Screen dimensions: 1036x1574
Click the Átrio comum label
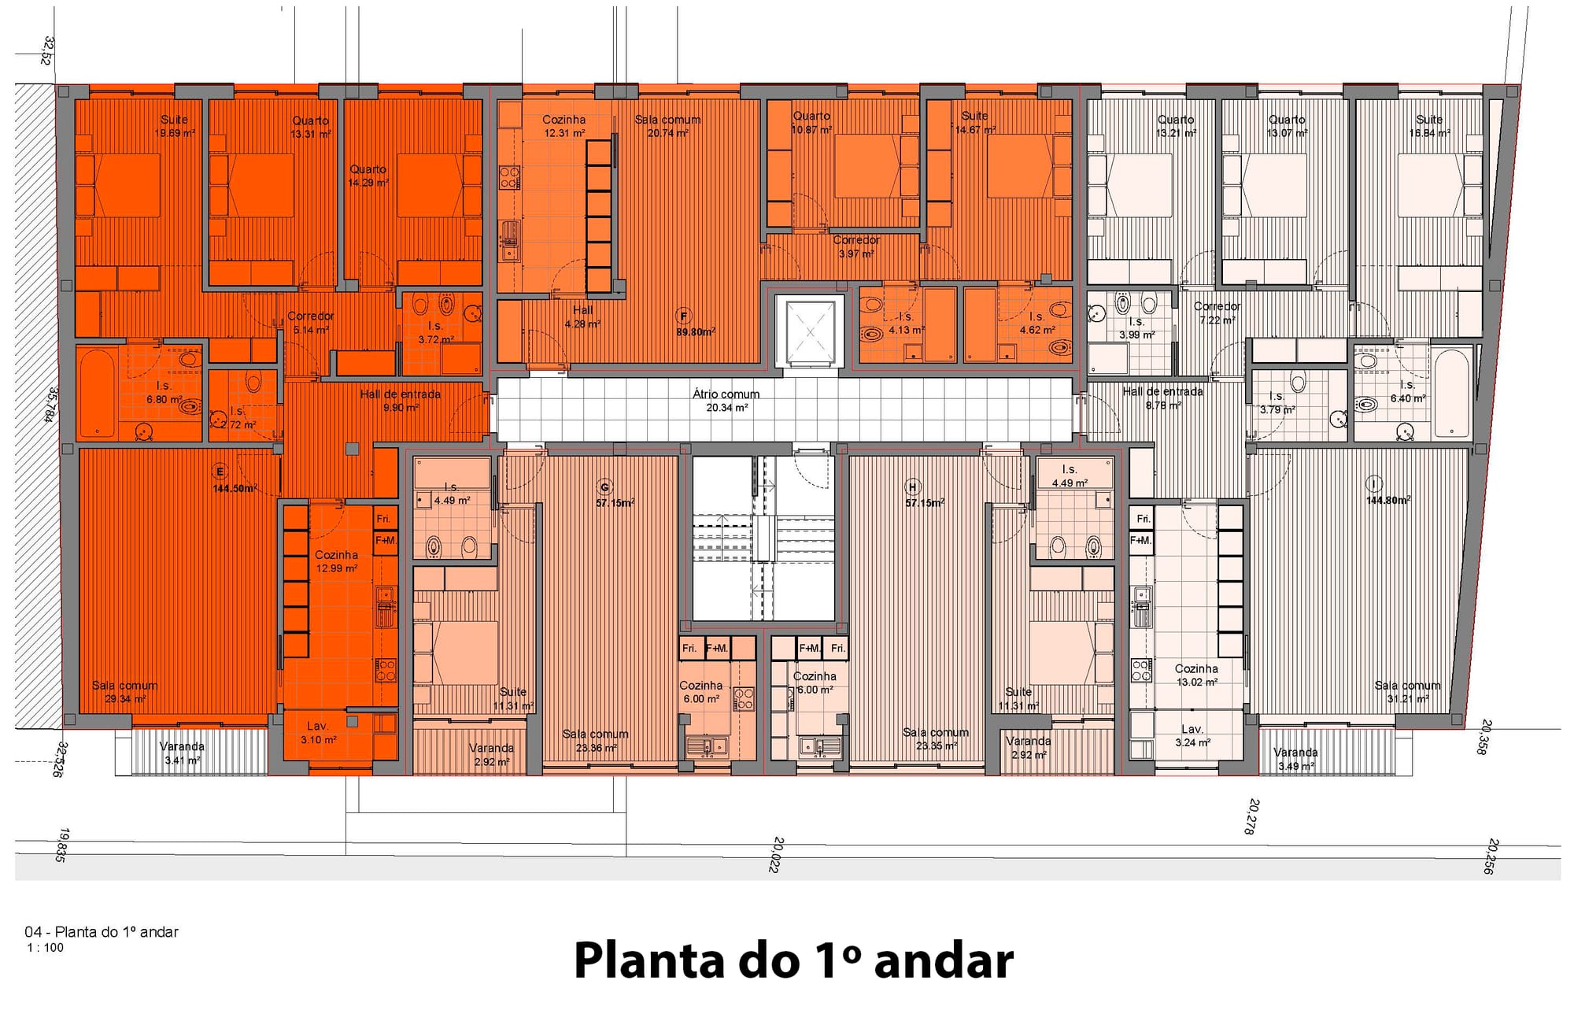(x=726, y=400)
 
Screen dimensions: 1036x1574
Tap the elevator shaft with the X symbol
(x=809, y=331)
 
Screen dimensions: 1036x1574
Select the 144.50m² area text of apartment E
(x=235, y=488)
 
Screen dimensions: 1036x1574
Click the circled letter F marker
(x=683, y=316)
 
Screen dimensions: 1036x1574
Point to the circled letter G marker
(x=604, y=487)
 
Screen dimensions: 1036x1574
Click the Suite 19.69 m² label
(x=174, y=126)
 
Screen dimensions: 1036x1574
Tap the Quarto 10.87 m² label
(x=811, y=122)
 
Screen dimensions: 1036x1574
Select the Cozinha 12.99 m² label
(x=336, y=561)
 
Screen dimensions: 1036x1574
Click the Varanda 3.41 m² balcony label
(x=182, y=753)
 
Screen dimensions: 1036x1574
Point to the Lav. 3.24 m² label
(x=1192, y=735)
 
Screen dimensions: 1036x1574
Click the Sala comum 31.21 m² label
(x=1407, y=691)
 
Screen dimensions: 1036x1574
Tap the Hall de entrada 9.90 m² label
(x=400, y=400)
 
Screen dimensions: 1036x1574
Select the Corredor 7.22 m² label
(x=1217, y=313)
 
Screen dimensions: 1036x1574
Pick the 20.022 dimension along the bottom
(x=778, y=854)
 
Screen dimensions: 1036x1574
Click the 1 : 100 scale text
(x=45, y=948)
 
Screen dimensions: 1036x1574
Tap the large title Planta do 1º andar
(x=793, y=961)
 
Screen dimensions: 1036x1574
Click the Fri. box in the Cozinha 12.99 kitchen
(x=383, y=519)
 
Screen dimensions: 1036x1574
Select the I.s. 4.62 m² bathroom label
(x=1036, y=323)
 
